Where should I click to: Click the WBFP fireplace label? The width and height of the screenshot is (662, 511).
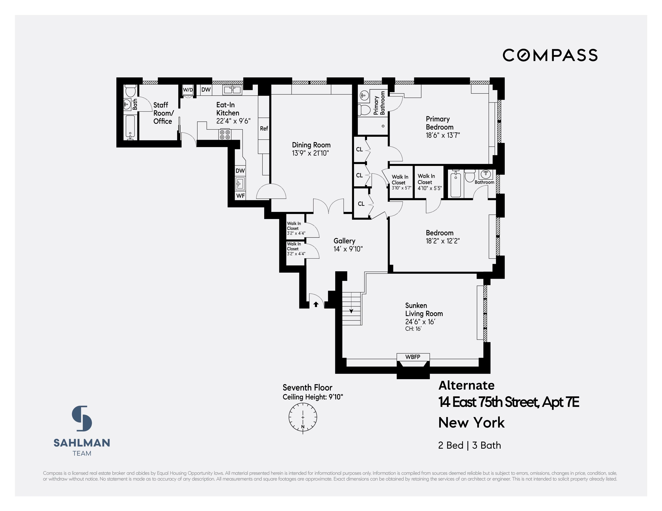(413, 357)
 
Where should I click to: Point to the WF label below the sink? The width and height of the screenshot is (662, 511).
(240, 196)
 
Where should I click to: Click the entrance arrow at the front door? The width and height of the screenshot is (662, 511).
(316, 304)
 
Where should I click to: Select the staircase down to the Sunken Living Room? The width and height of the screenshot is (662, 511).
(352, 308)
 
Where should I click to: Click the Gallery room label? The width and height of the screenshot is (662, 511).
(344, 241)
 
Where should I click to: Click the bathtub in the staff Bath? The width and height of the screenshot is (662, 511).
(130, 127)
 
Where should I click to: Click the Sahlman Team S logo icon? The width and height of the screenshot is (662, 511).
(82, 418)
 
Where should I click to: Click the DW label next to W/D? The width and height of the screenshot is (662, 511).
(206, 90)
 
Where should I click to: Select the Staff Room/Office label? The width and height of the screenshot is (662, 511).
(163, 113)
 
